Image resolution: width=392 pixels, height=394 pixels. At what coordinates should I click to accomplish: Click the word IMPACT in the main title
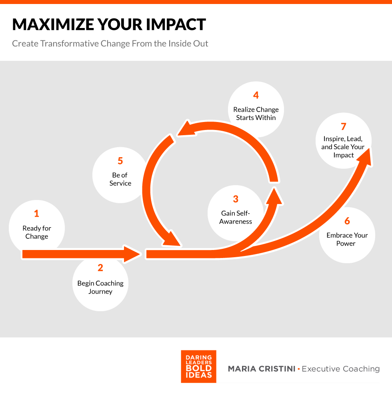pos(176,24)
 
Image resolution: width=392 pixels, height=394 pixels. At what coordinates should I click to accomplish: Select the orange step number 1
pos(36,213)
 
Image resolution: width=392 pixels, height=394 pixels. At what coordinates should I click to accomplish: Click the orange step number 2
pos(100,268)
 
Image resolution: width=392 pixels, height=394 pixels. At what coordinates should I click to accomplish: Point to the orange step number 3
pos(236,199)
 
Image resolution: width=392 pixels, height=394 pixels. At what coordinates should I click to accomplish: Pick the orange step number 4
pos(256,95)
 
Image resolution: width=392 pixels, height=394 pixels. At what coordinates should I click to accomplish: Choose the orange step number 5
pos(120,161)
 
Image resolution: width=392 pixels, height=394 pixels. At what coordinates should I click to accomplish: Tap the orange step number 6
pos(347,221)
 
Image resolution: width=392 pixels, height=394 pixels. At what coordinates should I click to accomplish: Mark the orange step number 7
pos(344,126)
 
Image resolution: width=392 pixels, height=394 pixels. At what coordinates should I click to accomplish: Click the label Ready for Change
pos(37,232)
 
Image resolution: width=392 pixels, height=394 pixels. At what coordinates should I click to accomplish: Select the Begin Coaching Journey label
pos(100,287)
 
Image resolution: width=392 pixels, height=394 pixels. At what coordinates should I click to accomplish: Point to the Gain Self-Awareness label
pos(236,217)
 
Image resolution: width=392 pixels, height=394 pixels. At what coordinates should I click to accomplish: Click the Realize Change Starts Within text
pos(256,114)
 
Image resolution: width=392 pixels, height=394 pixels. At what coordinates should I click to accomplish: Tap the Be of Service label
pos(120,179)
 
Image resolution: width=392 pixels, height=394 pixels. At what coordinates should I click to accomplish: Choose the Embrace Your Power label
pos(347,239)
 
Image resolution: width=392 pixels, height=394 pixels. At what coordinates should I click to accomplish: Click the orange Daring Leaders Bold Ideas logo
pos(198,366)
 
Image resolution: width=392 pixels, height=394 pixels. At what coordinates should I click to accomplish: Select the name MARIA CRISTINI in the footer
pos(262,369)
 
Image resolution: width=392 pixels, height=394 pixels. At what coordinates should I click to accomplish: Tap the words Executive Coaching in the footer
pos(341,369)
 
